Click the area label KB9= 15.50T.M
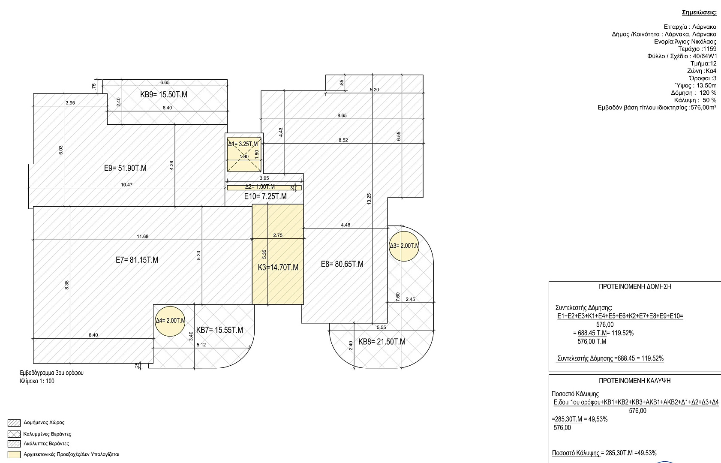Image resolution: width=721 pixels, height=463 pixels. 164,95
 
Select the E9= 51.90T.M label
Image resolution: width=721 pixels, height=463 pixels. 125,168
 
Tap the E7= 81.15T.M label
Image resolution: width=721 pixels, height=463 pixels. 137,260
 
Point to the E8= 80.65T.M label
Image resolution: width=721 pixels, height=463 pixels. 342,264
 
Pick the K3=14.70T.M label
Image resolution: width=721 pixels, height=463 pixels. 278,268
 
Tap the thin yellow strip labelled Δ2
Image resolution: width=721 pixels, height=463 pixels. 264,187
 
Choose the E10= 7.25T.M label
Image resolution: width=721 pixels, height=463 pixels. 265,196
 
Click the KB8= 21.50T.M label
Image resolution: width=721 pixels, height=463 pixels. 382,342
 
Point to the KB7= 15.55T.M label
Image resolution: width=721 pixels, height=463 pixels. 219,330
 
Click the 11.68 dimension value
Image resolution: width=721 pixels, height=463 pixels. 143,236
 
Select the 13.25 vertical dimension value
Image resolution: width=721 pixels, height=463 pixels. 369,199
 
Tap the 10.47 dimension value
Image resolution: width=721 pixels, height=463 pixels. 127,184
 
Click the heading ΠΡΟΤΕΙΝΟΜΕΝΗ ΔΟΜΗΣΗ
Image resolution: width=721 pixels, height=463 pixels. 635,287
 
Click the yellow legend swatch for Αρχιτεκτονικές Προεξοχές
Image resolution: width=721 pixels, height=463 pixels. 14,454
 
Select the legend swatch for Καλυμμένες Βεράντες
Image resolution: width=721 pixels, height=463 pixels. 14,434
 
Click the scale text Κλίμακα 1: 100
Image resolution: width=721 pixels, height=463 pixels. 37,381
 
